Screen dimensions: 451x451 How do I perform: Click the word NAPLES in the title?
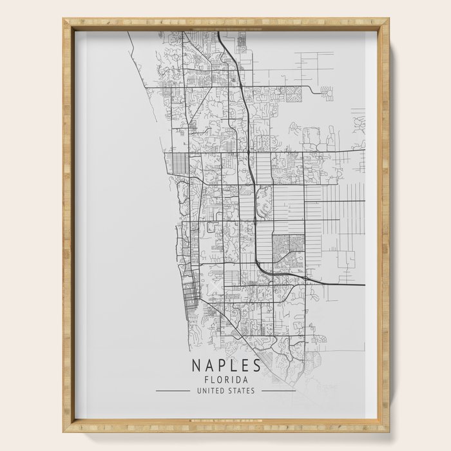pyautogui.click(x=226, y=365)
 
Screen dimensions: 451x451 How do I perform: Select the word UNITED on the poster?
pyautogui.click(x=211, y=390)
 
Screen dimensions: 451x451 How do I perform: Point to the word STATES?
pyautogui.click(x=243, y=390)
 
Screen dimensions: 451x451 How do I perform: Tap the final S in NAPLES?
pyautogui.click(x=256, y=365)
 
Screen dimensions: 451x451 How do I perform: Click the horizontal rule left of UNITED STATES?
pyautogui.click(x=173, y=390)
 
